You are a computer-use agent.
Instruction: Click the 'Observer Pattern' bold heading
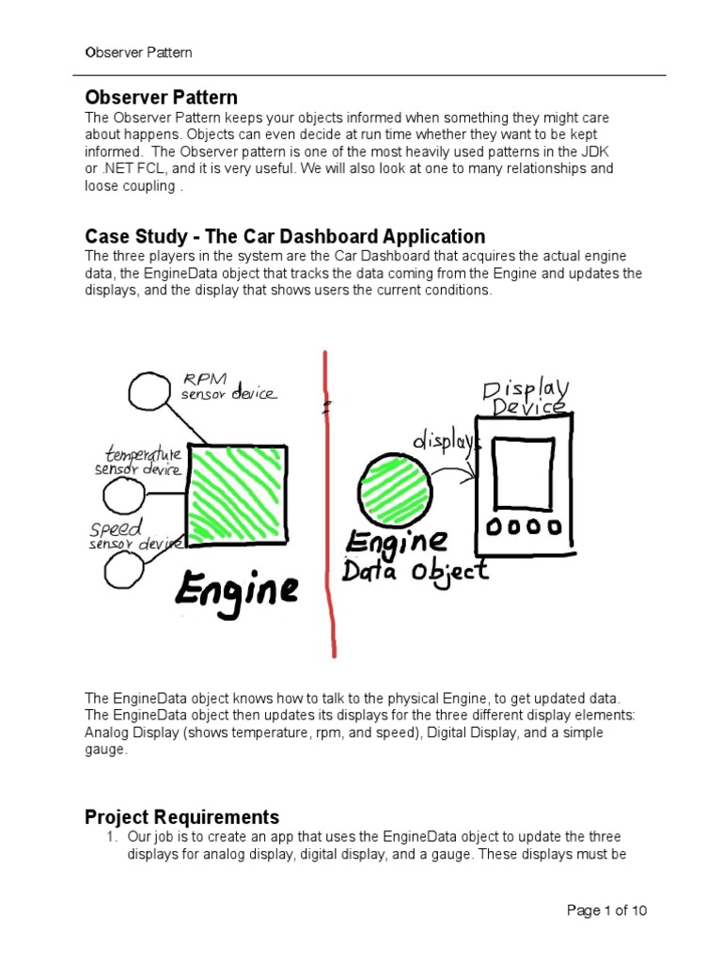pos(161,98)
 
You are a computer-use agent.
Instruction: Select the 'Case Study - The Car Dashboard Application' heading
pos(285,236)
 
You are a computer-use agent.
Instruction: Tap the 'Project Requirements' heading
pos(182,816)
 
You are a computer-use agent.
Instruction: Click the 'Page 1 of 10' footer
pos(606,910)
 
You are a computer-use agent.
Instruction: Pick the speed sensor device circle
pos(126,568)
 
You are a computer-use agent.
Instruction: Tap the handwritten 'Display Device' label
pos(526,398)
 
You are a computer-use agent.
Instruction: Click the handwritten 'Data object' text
pos(416,570)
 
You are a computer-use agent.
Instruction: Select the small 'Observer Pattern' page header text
pos(138,53)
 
